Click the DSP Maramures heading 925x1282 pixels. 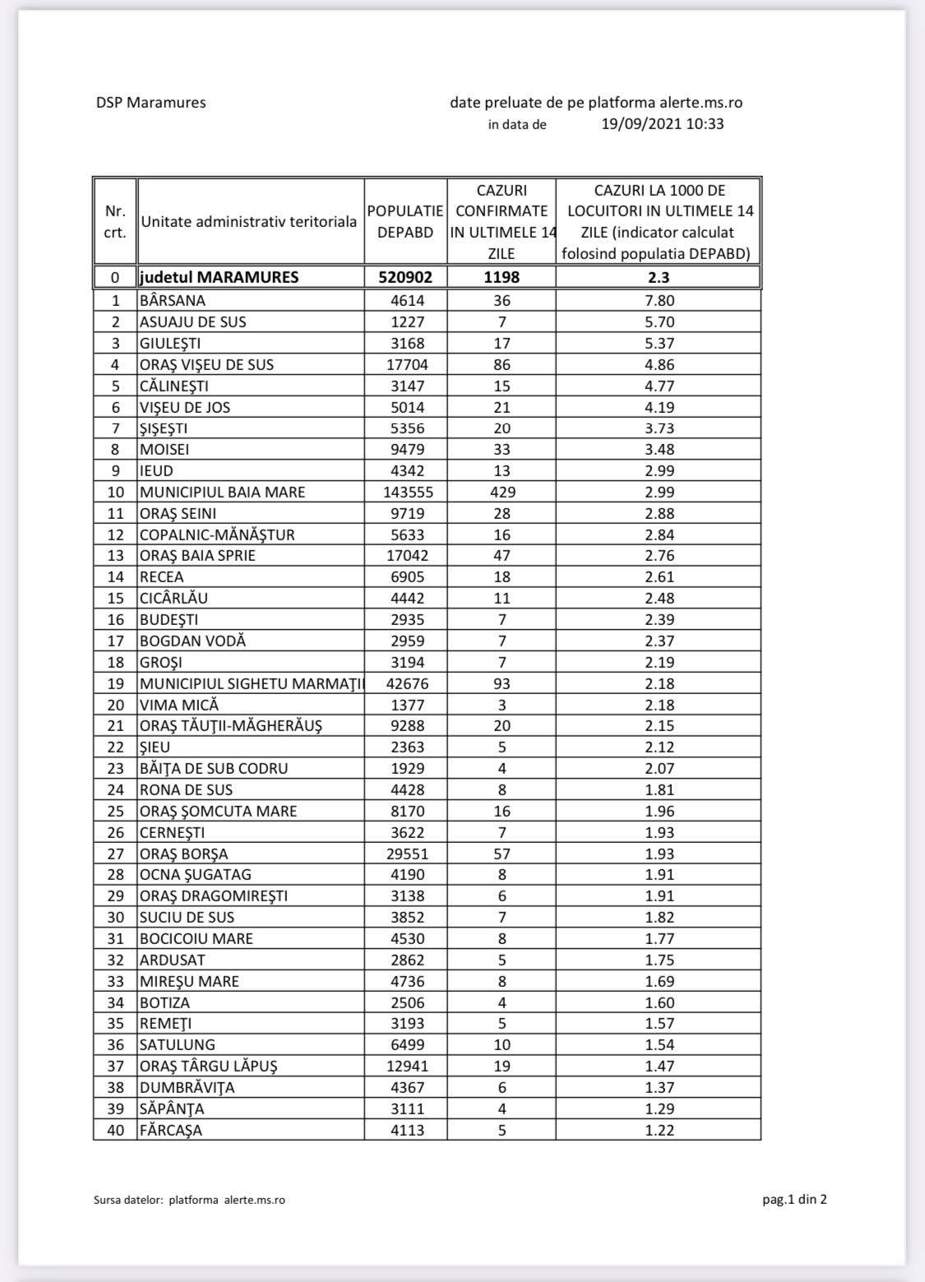pyautogui.click(x=150, y=103)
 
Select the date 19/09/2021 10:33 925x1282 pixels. pyautogui.click(x=662, y=124)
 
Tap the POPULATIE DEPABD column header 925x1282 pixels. pyautogui.click(x=405, y=222)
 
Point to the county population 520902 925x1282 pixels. pyautogui.click(x=405, y=277)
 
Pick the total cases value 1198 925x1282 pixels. pyautogui.click(x=502, y=277)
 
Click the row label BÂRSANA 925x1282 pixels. pyautogui.click(x=173, y=301)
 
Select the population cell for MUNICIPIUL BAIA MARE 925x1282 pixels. pyautogui.click(x=405, y=493)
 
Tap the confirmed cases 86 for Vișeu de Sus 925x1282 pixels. pyautogui.click(x=502, y=365)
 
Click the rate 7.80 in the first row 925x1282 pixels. pyautogui.click(x=659, y=301)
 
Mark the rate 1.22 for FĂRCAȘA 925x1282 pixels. pyautogui.click(x=659, y=1131)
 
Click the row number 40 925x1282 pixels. pyautogui.click(x=116, y=1131)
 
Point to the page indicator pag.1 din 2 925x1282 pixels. pyautogui.click(x=794, y=1199)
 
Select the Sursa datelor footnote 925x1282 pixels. pyautogui.click(x=189, y=1200)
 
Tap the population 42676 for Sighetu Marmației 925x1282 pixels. pyautogui.click(x=405, y=684)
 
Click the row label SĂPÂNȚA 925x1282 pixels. pyautogui.click(x=172, y=1109)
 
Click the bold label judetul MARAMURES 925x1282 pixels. pyautogui.click(x=219, y=277)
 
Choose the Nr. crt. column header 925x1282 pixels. pyautogui.click(x=116, y=222)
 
